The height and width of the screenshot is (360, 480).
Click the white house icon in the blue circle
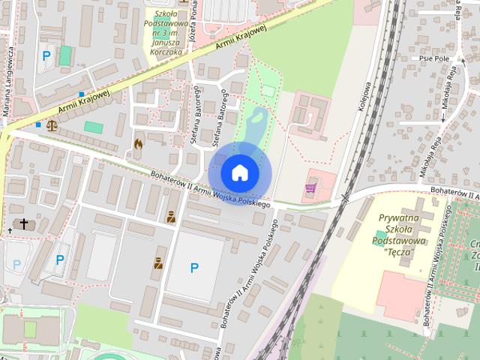(239, 172)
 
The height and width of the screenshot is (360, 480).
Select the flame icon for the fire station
(138, 143)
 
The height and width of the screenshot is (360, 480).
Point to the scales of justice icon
(52, 124)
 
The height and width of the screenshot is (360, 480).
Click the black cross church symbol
(24, 223)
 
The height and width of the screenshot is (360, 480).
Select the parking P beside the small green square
(46, 56)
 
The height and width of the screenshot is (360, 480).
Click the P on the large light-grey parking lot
(194, 267)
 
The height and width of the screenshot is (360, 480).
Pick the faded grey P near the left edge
(16, 264)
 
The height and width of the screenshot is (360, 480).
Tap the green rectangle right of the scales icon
(94, 127)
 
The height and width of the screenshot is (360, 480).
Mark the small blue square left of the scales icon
(37, 124)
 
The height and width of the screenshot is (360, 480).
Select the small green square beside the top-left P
(66, 55)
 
